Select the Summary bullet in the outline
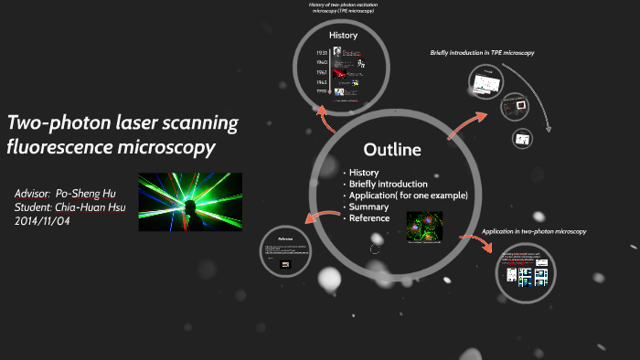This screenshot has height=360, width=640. point(367,206)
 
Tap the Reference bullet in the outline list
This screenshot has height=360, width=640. point(369,217)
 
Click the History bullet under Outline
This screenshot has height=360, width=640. point(363,173)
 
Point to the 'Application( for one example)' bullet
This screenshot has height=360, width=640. point(408,196)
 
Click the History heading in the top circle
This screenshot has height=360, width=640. point(344,36)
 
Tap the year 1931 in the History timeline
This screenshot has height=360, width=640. point(322,53)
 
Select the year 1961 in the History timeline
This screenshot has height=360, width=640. point(322,71)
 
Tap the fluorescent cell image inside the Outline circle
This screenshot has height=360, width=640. point(424,228)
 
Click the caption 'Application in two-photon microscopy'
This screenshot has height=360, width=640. point(534,232)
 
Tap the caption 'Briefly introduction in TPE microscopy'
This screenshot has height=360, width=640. point(482,53)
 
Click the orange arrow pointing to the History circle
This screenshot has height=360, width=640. point(324,116)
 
